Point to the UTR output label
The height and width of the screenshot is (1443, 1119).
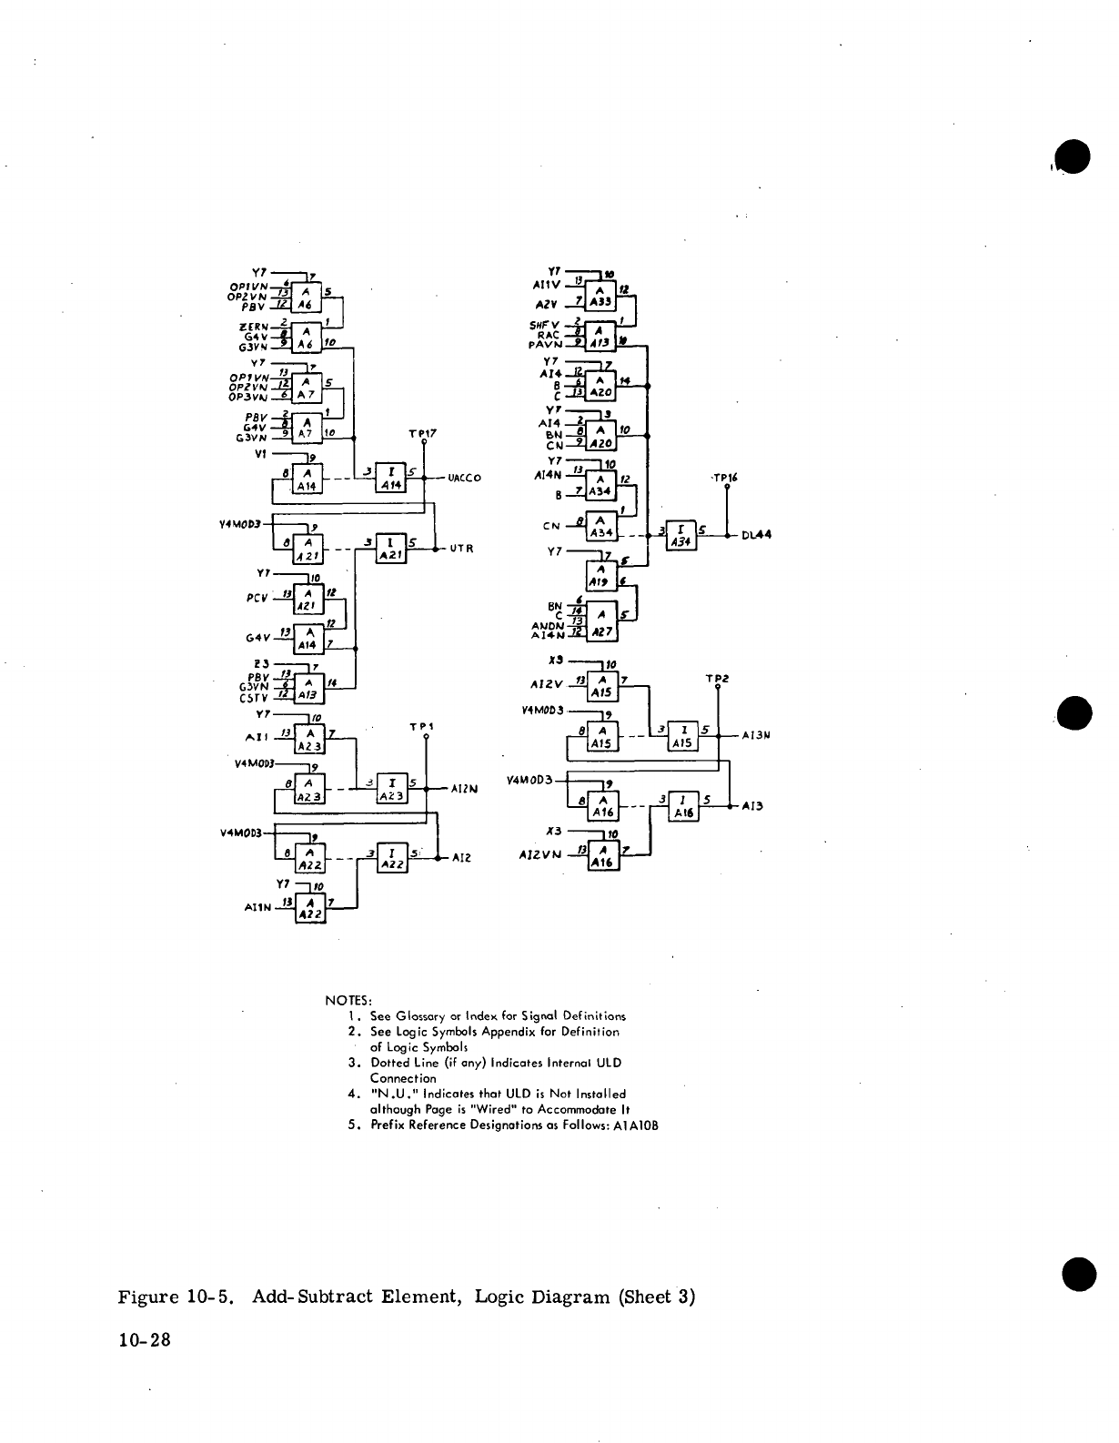[x=462, y=549]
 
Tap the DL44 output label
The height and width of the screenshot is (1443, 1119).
[x=756, y=535]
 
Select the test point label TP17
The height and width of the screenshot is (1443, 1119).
[x=423, y=434]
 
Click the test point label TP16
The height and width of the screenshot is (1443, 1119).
[x=724, y=477]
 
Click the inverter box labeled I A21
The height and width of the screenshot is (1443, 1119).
[x=390, y=549]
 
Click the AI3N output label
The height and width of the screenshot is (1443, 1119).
[x=757, y=735]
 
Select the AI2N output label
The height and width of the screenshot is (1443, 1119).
[x=465, y=789]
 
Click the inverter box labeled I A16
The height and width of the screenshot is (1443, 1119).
[x=682, y=806]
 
